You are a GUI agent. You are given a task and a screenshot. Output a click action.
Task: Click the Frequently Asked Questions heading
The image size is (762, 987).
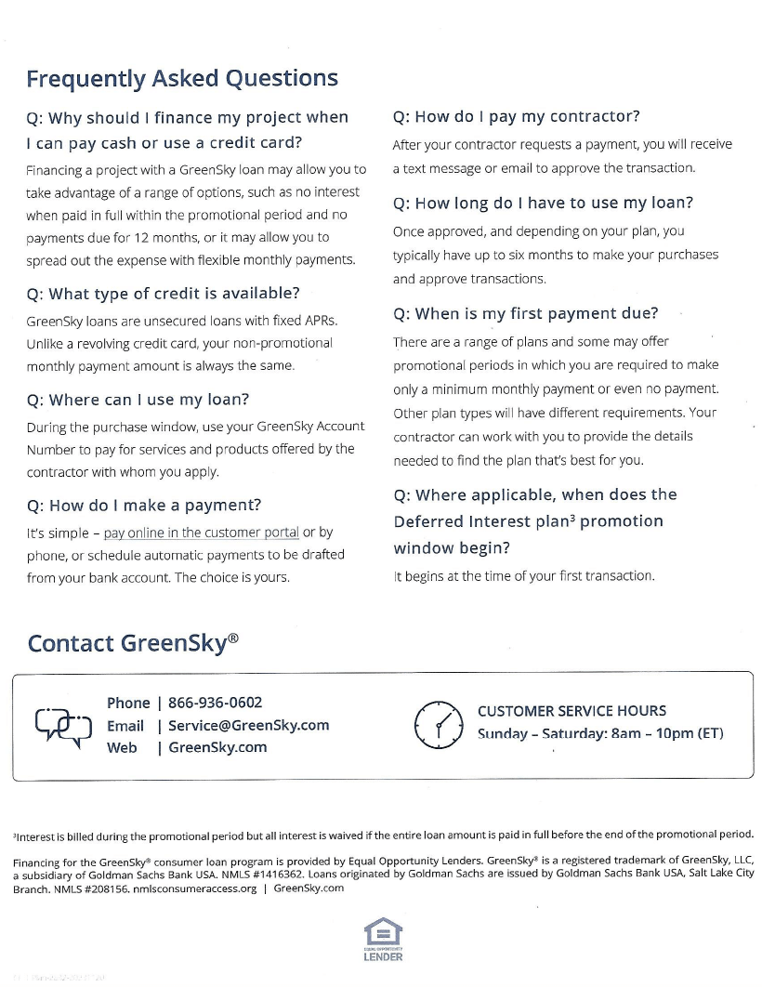(x=182, y=79)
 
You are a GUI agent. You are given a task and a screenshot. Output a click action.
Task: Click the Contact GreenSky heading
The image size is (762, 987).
(x=133, y=643)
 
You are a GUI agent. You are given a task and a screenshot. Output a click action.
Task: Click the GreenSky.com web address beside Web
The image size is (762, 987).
(x=217, y=747)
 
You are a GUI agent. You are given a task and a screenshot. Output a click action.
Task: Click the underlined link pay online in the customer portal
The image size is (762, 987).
(x=201, y=533)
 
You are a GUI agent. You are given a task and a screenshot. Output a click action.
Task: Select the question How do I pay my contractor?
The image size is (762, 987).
(x=517, y=117)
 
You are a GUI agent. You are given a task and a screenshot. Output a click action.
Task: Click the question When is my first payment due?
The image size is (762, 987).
(x=526, y=313)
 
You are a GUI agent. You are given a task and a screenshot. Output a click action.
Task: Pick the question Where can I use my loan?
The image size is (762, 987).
(x=138, y=400)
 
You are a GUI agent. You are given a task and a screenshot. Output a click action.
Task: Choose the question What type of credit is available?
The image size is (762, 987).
(x=164, y=294)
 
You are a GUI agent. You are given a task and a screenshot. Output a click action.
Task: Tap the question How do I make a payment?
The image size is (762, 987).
(x=144, y=506)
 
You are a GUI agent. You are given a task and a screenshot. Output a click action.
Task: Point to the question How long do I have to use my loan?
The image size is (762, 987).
(x=543, y=203)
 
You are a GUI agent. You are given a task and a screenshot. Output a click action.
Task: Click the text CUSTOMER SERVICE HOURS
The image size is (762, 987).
(x=571, y=711)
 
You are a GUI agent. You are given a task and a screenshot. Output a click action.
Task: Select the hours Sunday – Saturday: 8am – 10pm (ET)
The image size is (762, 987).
(x=599, y=733)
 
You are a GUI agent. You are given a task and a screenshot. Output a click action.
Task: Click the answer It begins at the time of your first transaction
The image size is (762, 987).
(x=524, y=576)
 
